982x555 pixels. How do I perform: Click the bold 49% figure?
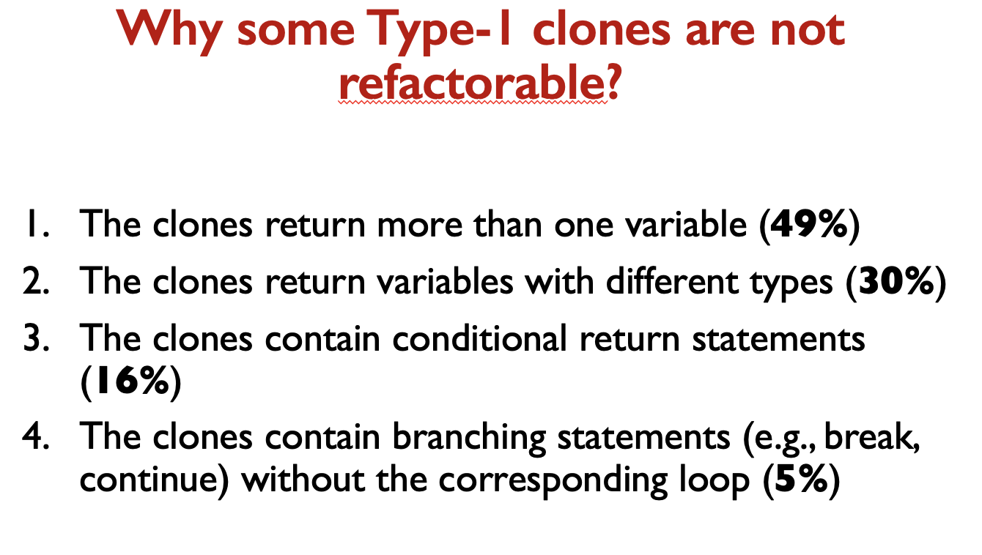(809, 224)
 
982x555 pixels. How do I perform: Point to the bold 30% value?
(896, 280)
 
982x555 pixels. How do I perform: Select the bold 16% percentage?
(130, 380)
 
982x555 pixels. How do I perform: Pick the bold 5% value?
(802, 479)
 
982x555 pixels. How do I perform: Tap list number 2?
(36, 281)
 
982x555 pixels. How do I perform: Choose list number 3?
(36, 338)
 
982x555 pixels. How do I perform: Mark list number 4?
(36, 436)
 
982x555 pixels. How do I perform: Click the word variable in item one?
(686, 224)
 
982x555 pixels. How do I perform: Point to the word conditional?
(480, 338)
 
